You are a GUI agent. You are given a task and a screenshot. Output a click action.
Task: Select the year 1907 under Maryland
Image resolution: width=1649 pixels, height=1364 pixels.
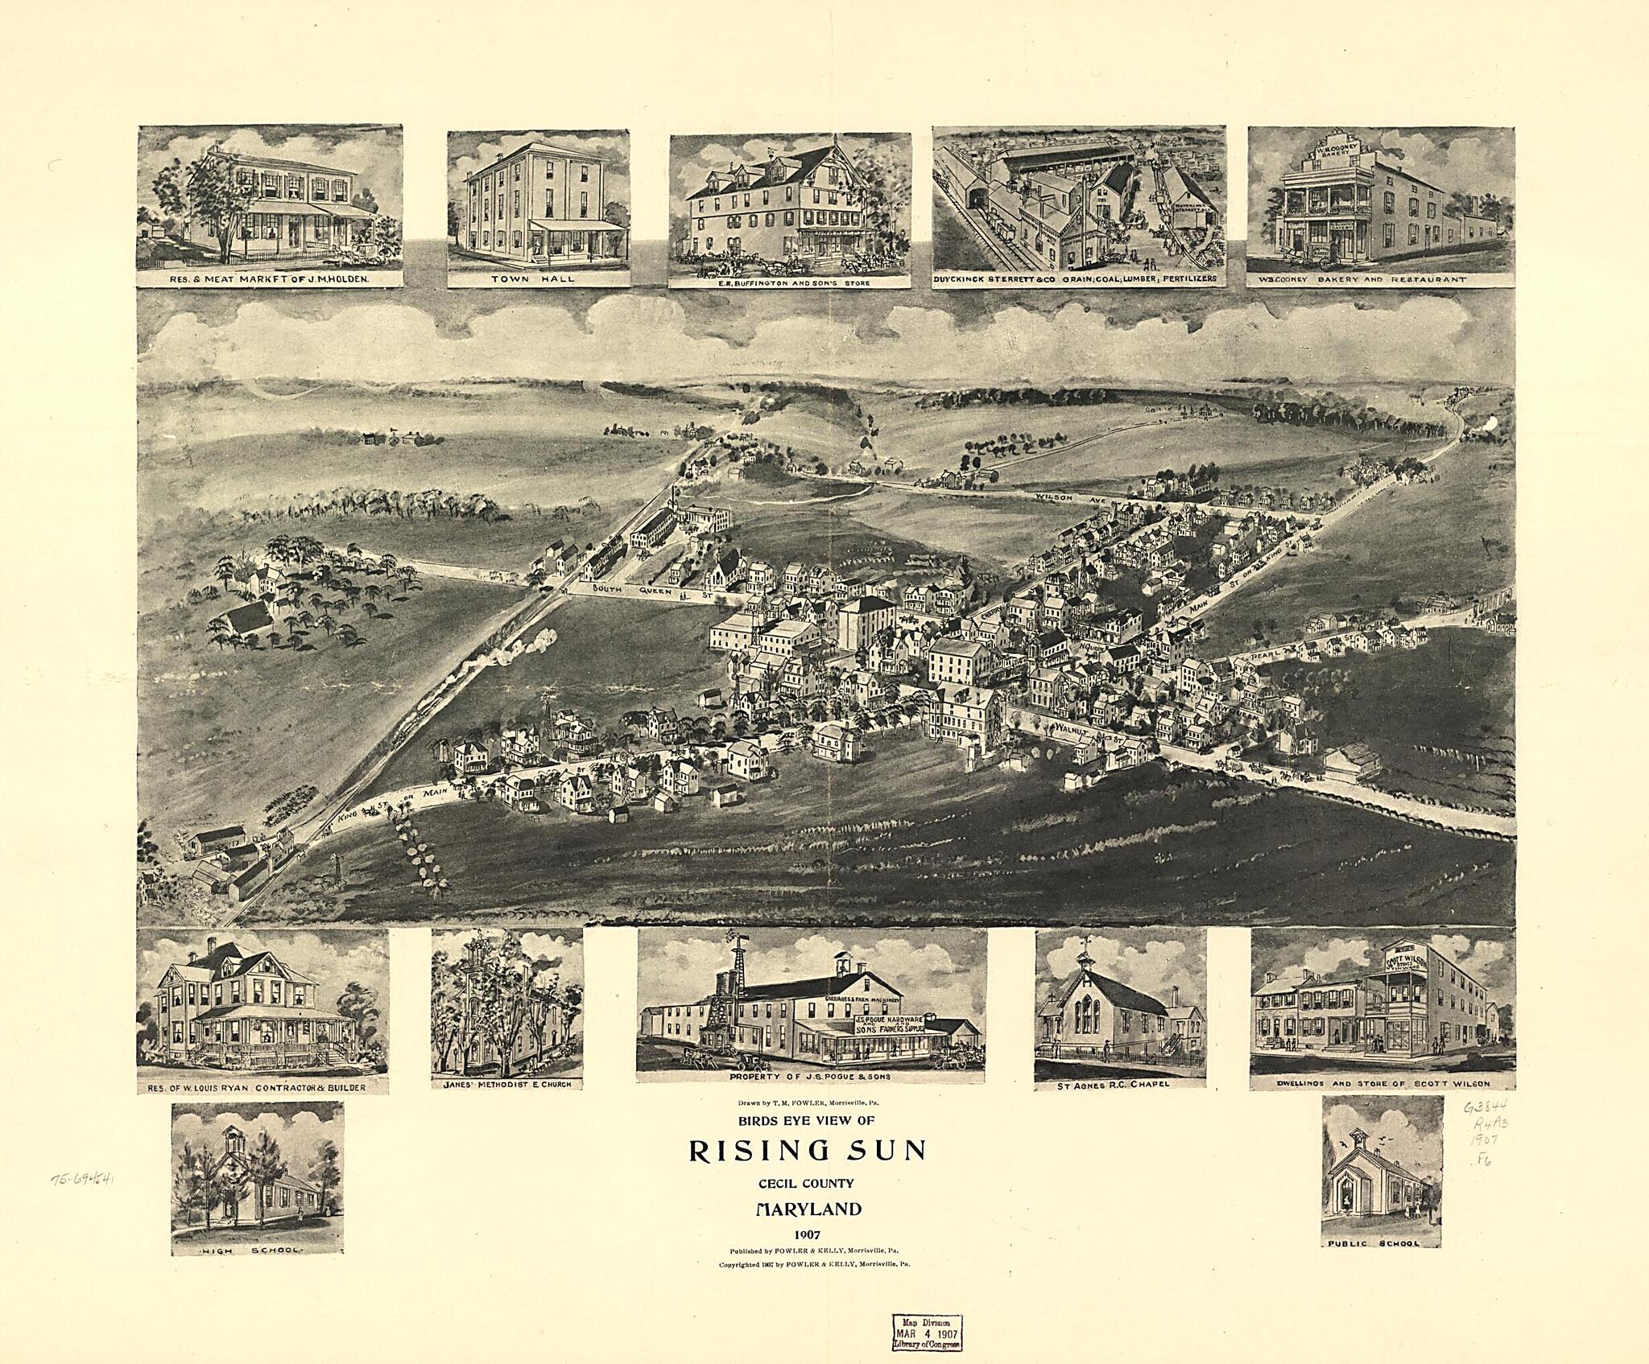[807, 1235]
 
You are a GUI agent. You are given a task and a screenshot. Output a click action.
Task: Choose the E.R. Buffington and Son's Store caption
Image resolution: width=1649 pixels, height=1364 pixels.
[789, 283]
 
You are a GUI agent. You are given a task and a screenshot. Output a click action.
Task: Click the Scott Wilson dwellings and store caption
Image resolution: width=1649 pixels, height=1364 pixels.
[1382, 1084]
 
